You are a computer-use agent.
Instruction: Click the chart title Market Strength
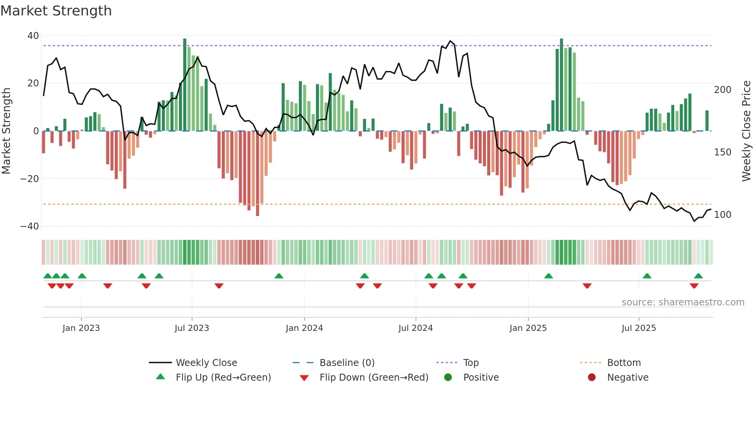(56, 11)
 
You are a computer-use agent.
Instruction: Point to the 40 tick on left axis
(33, 36)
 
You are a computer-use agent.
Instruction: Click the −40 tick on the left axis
(30, 226)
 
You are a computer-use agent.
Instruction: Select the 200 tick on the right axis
(722, 90)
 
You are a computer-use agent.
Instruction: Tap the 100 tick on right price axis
(722, 215)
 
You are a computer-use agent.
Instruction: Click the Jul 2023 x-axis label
(192, 328)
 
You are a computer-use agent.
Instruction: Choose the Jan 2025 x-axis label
(528, 328)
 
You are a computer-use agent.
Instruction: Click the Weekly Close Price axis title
(746, 131)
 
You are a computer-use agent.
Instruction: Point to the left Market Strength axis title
(7, 131)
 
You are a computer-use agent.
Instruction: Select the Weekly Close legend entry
(206, 363)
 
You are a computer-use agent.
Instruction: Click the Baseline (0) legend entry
(347, 363)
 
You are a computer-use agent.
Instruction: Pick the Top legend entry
(471, 363)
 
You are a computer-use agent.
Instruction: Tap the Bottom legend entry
(624, 363)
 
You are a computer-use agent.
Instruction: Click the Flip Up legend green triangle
(160, 377)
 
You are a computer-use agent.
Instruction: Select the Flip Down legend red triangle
(304, 378)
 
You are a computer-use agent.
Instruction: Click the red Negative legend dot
(592, 378)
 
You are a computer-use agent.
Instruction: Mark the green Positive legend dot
(448, 378)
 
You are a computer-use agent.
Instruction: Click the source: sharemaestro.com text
(683, 302)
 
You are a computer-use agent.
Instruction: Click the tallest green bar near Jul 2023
(185, 85)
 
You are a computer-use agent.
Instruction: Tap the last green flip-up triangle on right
(698, 276)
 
